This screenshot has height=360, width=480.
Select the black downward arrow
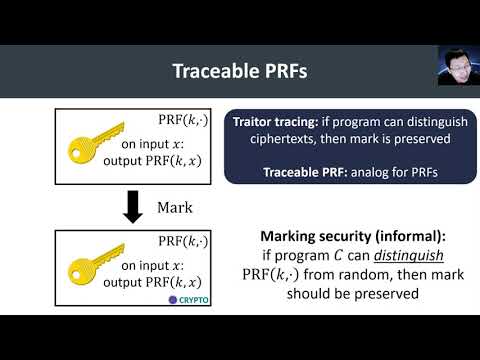tap(132, 208)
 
